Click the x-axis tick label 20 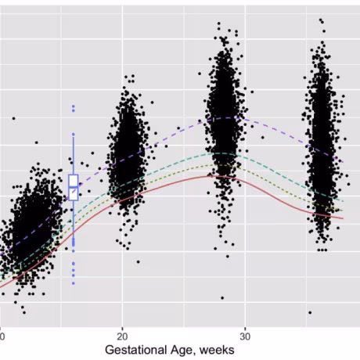[122, 337]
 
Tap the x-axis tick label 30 [245, 337]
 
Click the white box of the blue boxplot [74, 187]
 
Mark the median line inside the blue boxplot [74, 187]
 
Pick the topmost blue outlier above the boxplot [74, 106]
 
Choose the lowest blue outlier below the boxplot [74, 283]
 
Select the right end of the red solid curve [344, 218]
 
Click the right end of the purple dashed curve [344, 162]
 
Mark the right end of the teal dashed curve [344, 201]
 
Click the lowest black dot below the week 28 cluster [222, 298]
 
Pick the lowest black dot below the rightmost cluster [310, 312]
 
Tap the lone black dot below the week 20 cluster [139, 261]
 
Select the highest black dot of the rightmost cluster [321, 20]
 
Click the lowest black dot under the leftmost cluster [24, 312]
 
